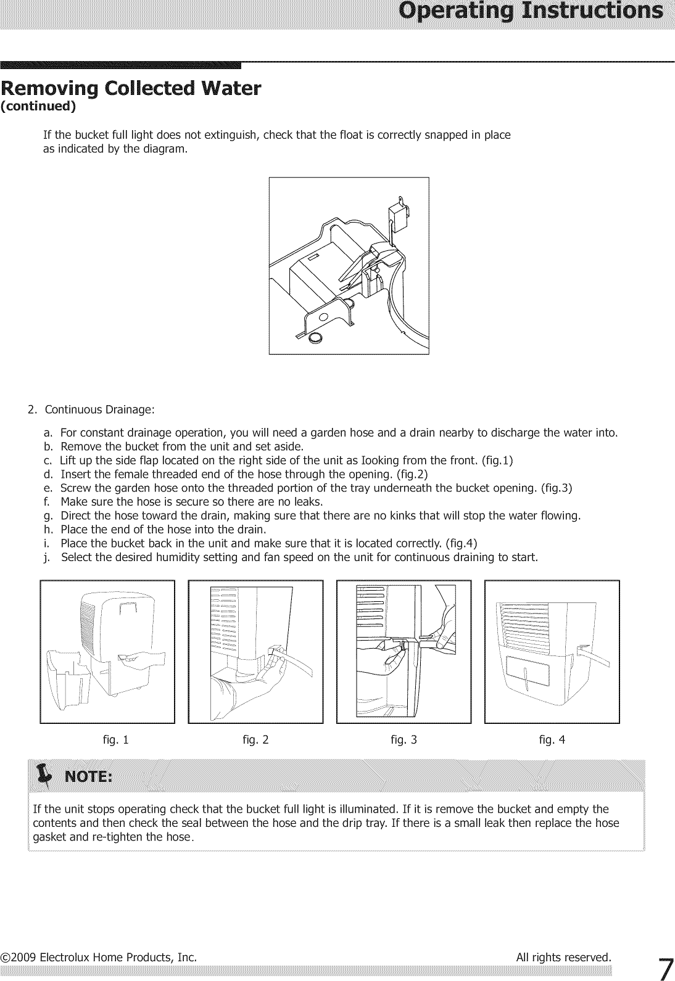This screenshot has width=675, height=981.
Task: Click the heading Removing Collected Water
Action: [131, 89]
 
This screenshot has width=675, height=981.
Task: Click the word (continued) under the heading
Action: [38, 106]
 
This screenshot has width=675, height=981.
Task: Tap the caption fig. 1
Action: [115, 740]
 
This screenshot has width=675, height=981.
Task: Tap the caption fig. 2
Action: [255, 740]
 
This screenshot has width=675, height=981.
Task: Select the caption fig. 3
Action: [404, 740]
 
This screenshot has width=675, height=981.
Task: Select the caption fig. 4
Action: [552, 740]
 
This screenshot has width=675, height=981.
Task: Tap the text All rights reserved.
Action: [563, 958]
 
